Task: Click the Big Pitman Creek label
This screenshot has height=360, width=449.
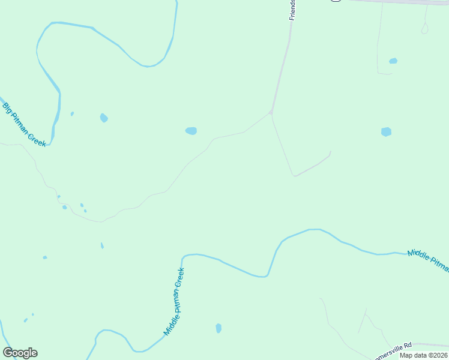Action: (24, 125)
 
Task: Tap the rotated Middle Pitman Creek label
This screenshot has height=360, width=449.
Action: (174, 301)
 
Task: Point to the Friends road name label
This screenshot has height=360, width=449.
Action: (293, 10)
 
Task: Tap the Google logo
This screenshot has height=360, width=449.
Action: (20, 353)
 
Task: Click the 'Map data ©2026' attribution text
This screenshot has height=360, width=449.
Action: (423, 355)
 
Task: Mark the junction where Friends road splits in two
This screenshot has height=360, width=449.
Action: (271, 112)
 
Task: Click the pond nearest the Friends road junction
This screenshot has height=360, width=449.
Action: (191, 131)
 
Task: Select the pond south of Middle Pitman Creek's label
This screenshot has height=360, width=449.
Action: (218, 328)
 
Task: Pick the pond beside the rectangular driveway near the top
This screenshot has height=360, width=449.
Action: (393, 61)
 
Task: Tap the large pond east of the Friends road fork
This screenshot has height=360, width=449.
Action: (386, 132)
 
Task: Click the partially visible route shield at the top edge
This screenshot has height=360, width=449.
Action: (336, 1)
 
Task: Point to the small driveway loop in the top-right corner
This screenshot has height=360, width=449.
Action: (425, 28)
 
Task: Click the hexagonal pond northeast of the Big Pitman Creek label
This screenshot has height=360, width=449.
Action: (104, 118)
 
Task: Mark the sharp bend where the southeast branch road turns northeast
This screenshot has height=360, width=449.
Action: (294, 176)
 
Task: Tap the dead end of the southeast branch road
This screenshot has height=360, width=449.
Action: (330, 152)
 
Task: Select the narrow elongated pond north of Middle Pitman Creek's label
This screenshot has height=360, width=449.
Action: (102, 245)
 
